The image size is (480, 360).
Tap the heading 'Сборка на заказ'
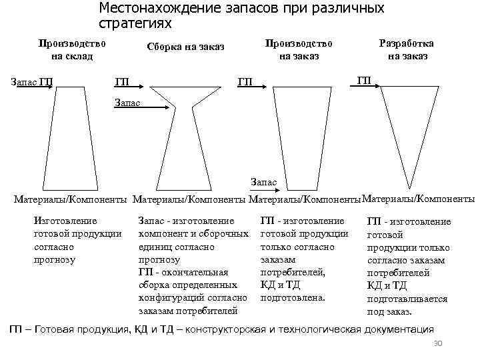tap(185, 47)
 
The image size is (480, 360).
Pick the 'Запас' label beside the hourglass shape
tap(128, 103)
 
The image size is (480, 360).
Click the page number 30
tap(438, 343)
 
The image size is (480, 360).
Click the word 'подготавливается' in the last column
tap(407, 299)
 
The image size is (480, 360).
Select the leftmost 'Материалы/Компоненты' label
tap(71, 199)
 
